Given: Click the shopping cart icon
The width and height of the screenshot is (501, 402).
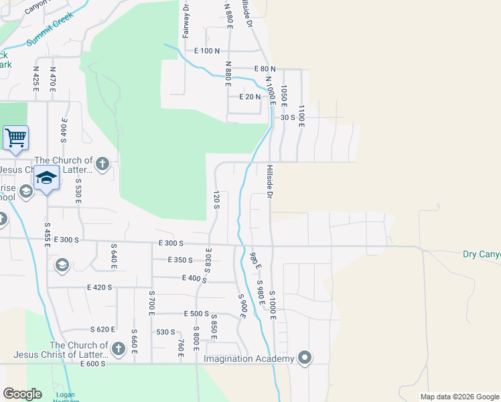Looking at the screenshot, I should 15,138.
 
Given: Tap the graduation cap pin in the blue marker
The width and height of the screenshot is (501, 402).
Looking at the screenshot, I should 46,178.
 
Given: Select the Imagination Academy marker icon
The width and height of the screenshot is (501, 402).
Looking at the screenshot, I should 305,358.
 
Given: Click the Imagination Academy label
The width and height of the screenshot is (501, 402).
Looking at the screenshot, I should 249,359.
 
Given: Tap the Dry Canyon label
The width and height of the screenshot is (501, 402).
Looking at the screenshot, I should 482,254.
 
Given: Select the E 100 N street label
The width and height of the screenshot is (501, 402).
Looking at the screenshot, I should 207,51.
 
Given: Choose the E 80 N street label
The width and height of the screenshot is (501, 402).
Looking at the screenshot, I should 265,69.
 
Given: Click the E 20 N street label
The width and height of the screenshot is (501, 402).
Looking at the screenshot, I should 249,96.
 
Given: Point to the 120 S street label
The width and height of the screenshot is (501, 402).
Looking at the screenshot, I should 216,199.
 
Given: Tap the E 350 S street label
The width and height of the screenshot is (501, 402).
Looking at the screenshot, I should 181,260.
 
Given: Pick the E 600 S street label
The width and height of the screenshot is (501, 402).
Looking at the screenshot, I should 93,364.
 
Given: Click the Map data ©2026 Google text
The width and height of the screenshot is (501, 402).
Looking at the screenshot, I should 459,397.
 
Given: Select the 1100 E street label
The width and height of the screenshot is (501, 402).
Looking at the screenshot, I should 301,116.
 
